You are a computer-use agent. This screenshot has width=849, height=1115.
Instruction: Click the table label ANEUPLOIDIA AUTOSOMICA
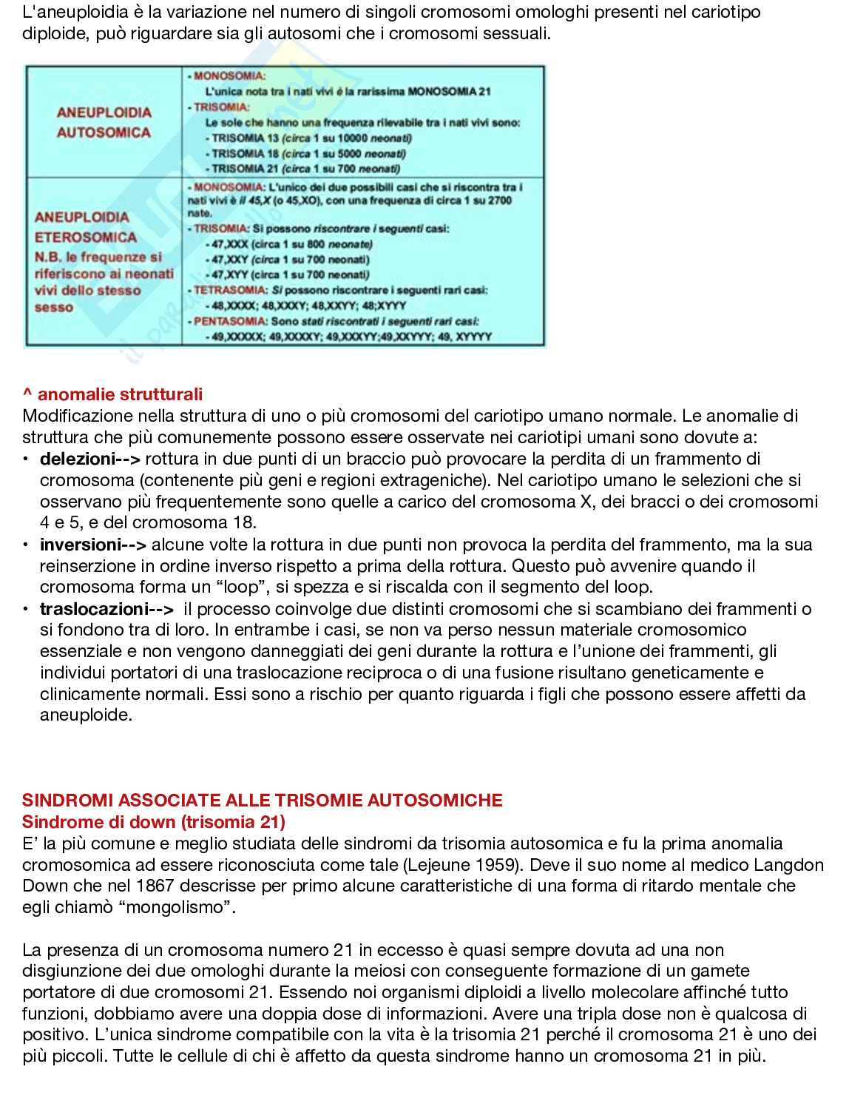[x=104, y=123]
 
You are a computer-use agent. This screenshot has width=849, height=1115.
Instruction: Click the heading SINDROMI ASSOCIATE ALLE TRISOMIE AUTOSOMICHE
[x=263, y=801]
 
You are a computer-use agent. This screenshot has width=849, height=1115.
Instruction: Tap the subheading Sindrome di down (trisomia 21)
[x=154, y=822]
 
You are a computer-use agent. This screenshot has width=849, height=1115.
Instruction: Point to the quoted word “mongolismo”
[x=176, y=907]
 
